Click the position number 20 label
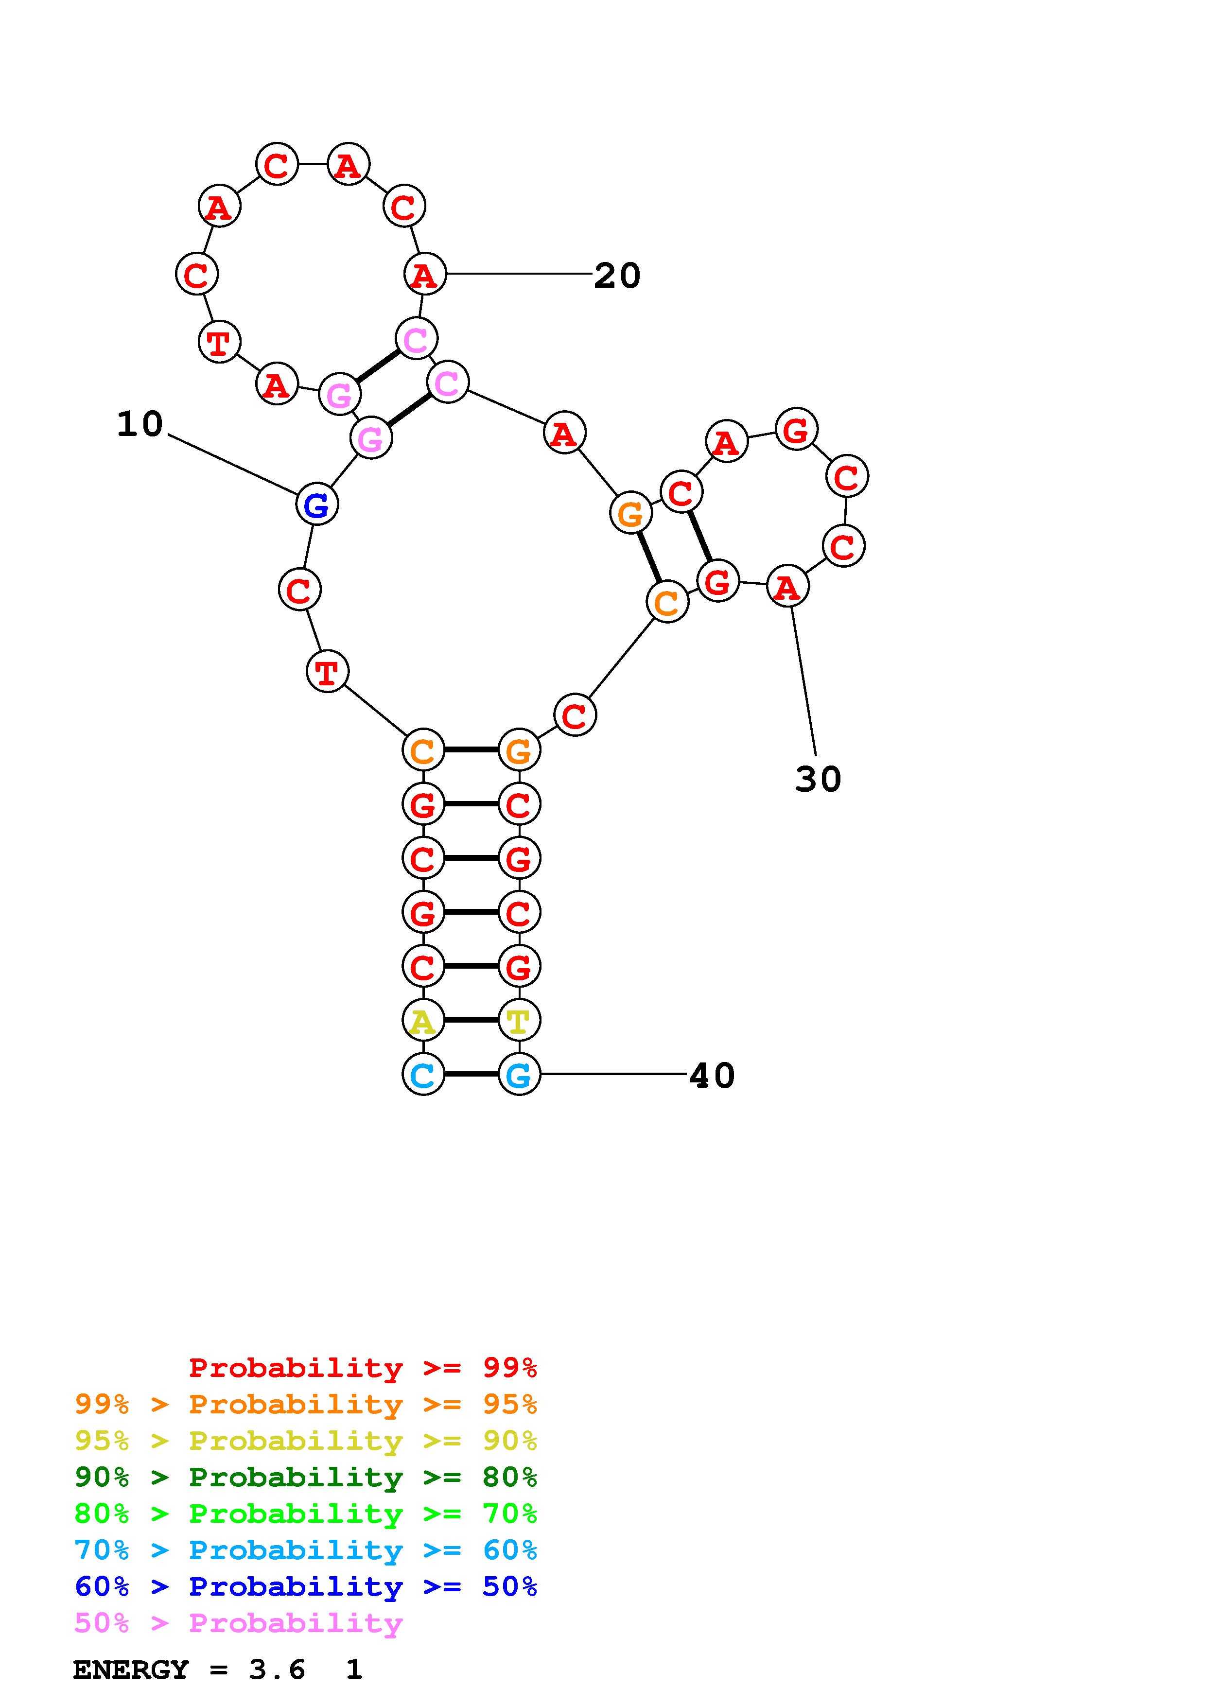click(x=617, y=276)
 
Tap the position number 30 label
click(x=818, y=779)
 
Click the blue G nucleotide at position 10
click(x=317, y=505)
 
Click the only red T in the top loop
click(x=219, y=343)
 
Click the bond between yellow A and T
click(x=471, y=1020)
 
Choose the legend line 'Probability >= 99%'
click(x=362, y=1367)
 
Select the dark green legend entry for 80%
click(x=305, y=1477)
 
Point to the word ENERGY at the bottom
click(x=131, y=1670)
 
